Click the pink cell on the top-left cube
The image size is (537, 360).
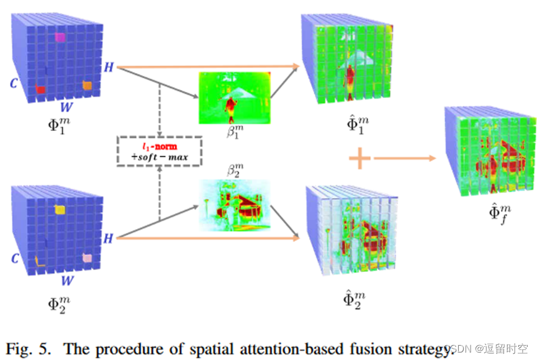point(60,37)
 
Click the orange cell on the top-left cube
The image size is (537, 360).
point(88,85)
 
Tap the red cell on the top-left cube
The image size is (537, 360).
point(40,89)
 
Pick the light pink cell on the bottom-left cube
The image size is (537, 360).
point(88,257)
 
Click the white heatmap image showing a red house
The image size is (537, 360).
point(235,202)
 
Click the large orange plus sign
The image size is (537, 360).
point(360,159)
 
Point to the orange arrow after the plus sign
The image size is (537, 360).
point(404,159)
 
